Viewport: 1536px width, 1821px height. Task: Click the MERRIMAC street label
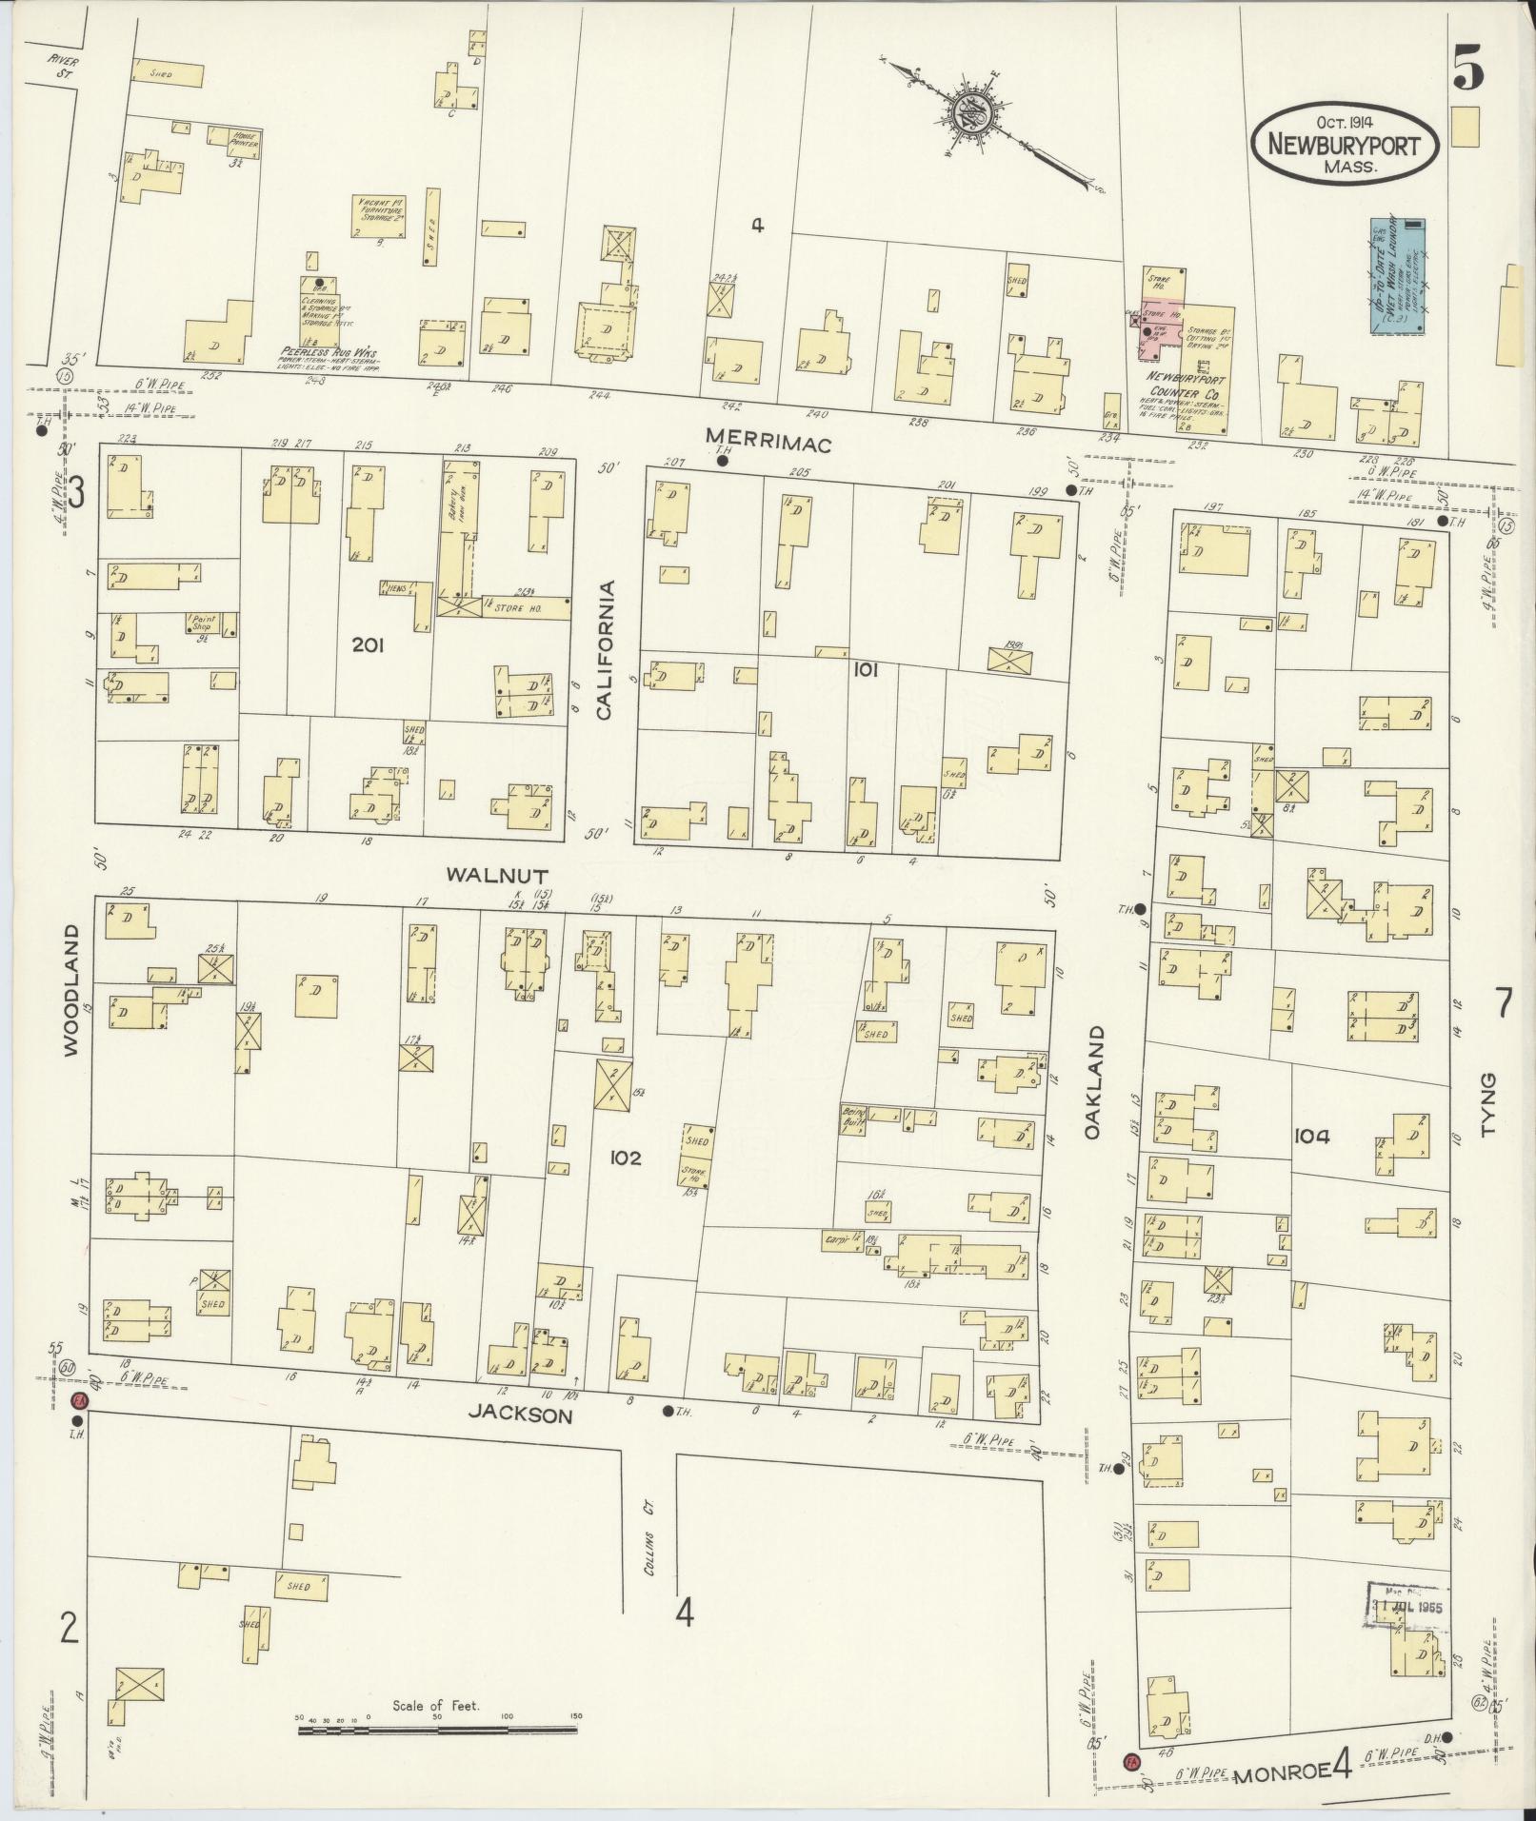tap(768, 441)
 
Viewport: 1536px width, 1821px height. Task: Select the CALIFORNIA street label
tap(605, 648)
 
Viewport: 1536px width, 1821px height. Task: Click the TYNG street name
tap(1489, 1103)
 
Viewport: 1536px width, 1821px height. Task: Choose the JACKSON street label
tap(520, 1415)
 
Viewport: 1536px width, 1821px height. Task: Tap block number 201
tap(368, 646)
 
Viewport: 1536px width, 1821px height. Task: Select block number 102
tap(626, 1158)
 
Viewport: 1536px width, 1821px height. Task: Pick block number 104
tap(1311, 1136)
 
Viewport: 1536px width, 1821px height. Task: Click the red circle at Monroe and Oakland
tap(1131, 1760)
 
